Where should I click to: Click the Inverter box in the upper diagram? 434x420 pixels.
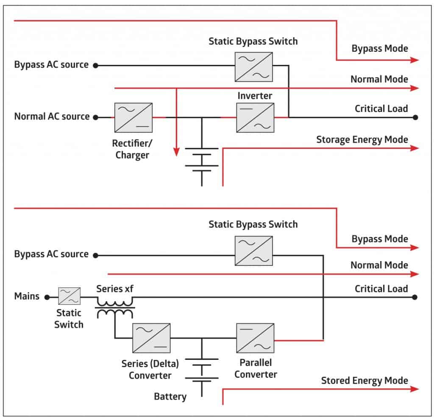coord(255,118)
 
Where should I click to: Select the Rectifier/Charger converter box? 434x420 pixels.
coord(134,118)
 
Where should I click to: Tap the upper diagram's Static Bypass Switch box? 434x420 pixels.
coord(254,67)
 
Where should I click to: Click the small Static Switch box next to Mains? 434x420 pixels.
coord(69,296)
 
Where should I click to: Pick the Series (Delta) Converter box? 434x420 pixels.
coord(151,338)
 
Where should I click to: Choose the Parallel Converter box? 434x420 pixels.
coord(255,338)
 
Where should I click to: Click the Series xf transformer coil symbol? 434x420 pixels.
coord(115,308)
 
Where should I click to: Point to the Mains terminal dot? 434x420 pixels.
coord(47,298)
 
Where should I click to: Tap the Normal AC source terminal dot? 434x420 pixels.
coord(96,117)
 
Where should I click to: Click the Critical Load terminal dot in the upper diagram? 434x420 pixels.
coord(415,117)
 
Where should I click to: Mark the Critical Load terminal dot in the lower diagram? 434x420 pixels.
coord(415,298)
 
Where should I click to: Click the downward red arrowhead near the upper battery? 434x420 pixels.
coord(176,152)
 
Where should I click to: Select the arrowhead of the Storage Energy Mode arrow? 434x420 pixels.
coord(415,148)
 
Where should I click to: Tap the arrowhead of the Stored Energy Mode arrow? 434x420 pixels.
coord(415,389)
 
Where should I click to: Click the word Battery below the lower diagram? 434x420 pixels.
coord(170,396)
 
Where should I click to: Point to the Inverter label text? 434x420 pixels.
coord(255,96)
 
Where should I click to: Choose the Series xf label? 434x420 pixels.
coord(115,289)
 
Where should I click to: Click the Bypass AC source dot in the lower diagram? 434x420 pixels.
coord(96,255)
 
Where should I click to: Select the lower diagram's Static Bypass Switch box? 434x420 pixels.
coord(254,251)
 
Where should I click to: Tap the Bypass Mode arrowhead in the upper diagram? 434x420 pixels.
coord(415,60)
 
